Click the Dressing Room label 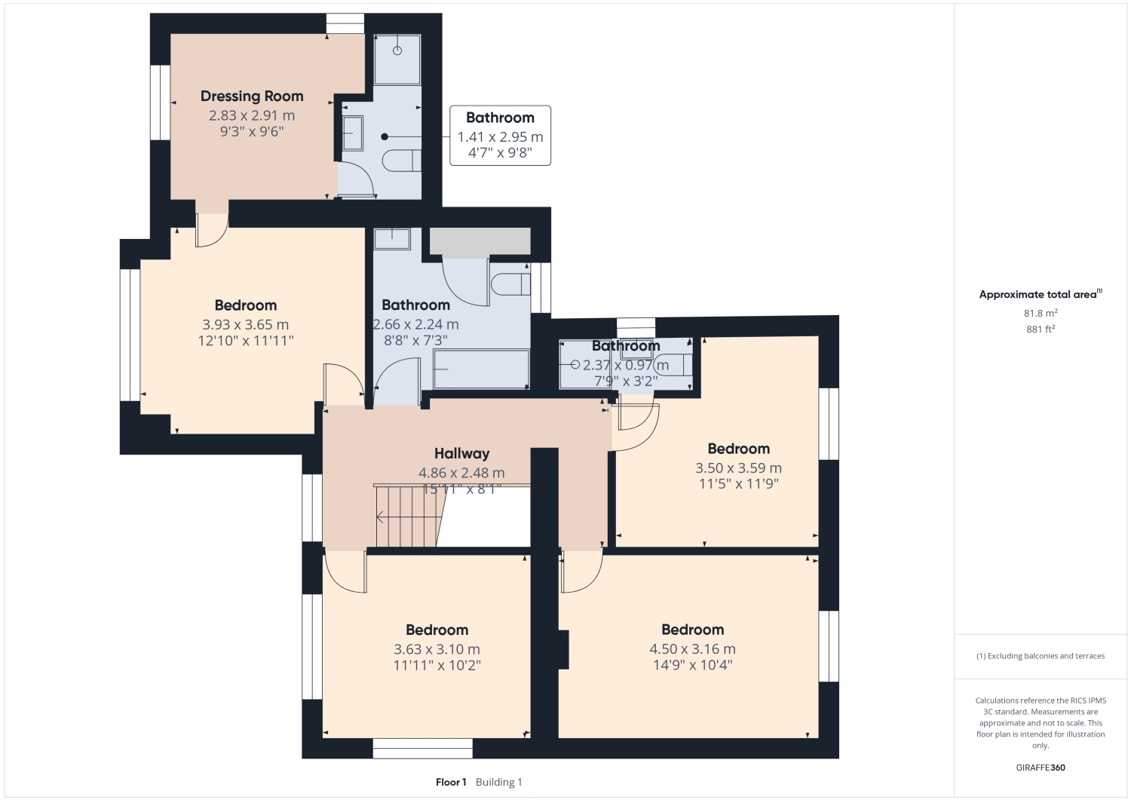tap(252, 96)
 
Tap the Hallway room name tap(461, 453)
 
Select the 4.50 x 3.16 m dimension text tap(692, 649)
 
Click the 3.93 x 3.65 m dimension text tap(245, 325)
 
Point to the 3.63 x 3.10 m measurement tap(437, 649)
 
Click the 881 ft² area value tap(1040, 330)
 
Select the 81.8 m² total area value tap(1040, 313)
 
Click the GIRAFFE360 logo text tap(1040, 768)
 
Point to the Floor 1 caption tap(451, 782)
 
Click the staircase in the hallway tap(407, 516)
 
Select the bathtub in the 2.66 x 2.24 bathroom tap(481, 369)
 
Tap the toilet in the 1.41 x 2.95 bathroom tap(401, 161)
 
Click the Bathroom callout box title tap(500, 118)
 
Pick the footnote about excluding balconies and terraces tap(1040, 656)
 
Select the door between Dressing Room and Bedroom tap(211, 229)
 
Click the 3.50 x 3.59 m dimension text tap(738, 468)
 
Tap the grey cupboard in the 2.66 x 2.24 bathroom tap(480, 241)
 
